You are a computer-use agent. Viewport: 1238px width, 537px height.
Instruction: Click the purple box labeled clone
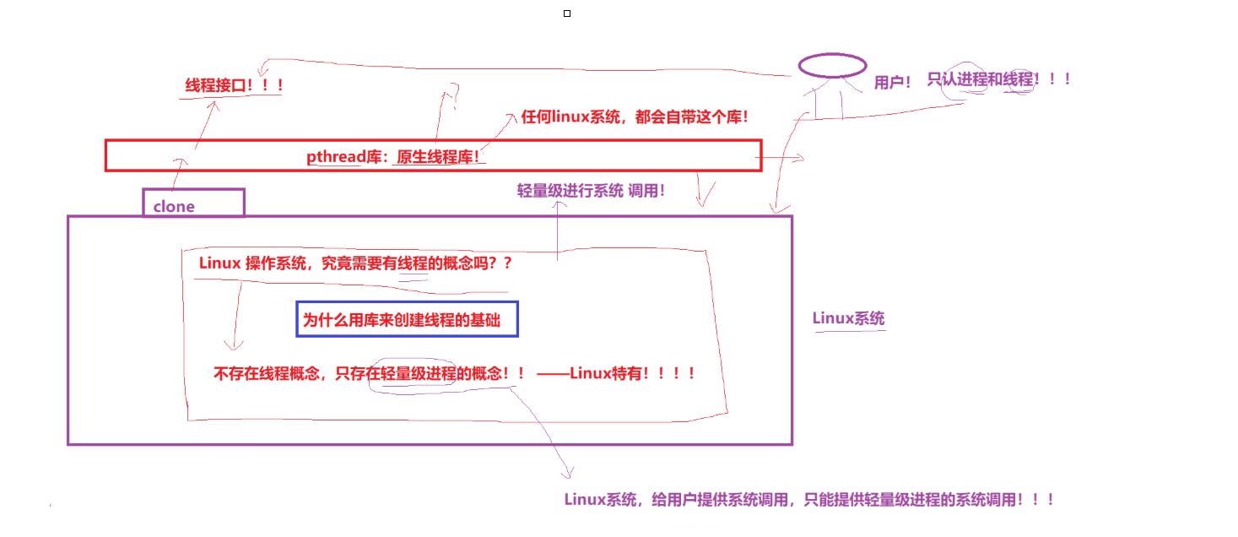pyautogui.click(x=193, y=203)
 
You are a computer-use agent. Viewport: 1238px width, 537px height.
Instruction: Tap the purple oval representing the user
pyautogui.click(x=832, y=65)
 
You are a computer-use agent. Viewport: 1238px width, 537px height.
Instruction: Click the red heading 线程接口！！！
pyautogui.click(x=234, y=85)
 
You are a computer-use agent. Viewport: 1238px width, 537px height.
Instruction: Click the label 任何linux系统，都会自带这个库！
pyautogui.click(x=635, y=117)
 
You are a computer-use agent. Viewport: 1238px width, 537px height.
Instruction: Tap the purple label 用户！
pyautogui.click(x=893, y=82)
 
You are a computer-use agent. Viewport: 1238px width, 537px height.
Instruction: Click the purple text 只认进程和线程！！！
pyautogui.click(x=999, y=79)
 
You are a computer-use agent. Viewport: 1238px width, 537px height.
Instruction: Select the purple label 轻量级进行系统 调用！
pyautogui.click(x=591, y=191)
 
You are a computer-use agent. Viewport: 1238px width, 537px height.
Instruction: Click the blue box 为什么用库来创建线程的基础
pyautogui.click(x=407, y=319)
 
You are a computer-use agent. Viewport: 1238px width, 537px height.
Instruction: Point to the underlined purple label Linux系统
pyautogui.click(x=848, y=318)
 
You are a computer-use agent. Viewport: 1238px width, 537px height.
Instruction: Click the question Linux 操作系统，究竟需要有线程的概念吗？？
pyautogui.click(x=355, y=263)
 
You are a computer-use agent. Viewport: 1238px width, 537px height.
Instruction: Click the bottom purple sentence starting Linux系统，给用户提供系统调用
pyautogui.click(x=808, y=499)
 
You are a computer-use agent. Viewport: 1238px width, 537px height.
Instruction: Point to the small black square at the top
pyautogui.click(x=567, y=14)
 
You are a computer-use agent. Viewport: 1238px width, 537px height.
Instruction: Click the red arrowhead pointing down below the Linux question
pyautogui.click(x=233, y=344)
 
